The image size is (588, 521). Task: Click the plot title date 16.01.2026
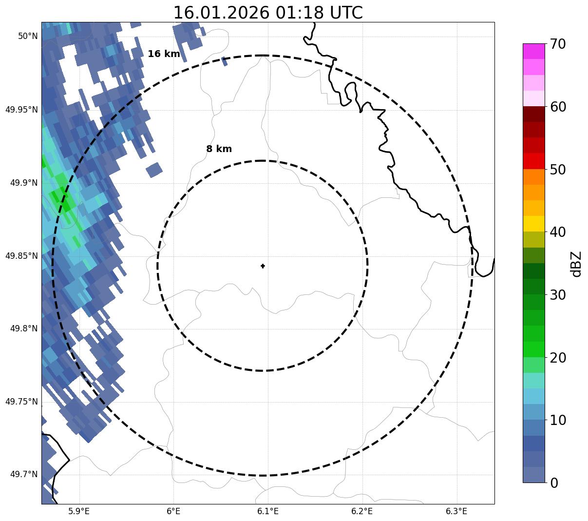[221, 13]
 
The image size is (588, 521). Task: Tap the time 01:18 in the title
[297, 13]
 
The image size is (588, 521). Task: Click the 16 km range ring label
[164, 54]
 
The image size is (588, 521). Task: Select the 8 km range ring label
[219, 149]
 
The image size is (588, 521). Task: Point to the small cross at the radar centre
[263, 266]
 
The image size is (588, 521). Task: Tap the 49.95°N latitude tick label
[21, 109]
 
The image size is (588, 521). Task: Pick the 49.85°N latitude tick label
[21, 256]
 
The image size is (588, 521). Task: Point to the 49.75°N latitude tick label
[21, 402]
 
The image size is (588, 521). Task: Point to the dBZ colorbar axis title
[577, 264]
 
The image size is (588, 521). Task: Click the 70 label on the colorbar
[558, 44]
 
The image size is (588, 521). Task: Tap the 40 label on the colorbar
[558, 232]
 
